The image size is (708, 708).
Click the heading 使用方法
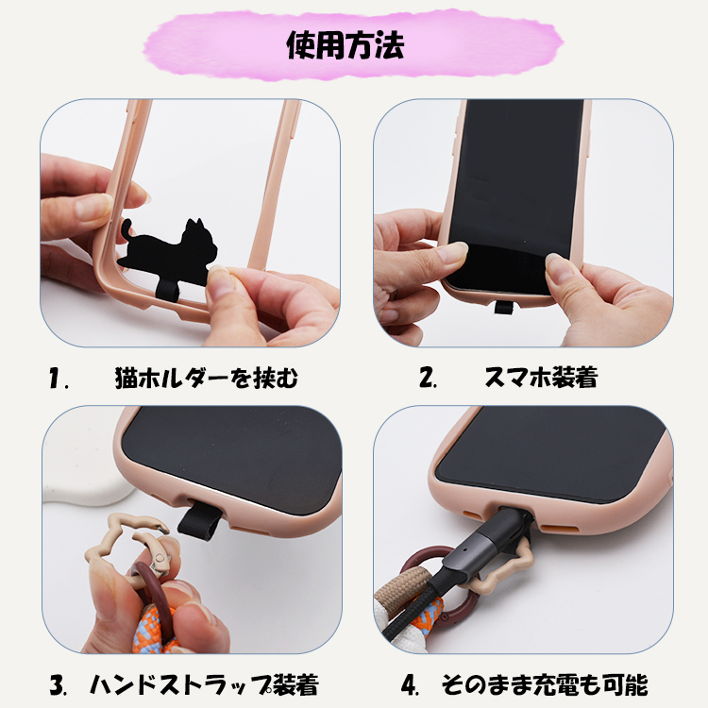[346, 44]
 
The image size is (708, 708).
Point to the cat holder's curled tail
[127, 230]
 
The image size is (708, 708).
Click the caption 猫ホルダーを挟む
[207, 378]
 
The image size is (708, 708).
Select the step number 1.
[58, 378]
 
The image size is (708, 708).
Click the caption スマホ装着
[541, 378]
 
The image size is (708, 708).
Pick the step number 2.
[427, 378]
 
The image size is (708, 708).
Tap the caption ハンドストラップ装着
[204, 684]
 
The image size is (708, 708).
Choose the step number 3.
[58, 685]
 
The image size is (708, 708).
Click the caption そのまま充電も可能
[545, 684]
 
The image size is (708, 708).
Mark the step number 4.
[410, 685]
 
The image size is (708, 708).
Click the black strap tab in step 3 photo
[199, 520]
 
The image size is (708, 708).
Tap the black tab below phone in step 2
[503, 308]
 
